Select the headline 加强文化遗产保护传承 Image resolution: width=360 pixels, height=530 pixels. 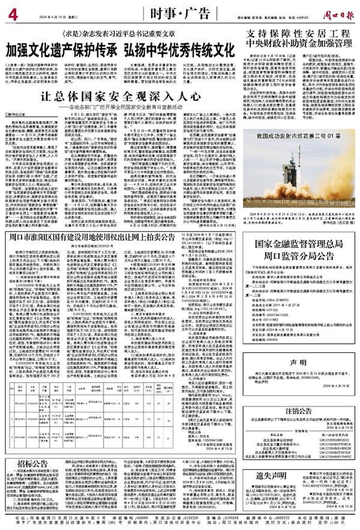pos(61,48)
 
